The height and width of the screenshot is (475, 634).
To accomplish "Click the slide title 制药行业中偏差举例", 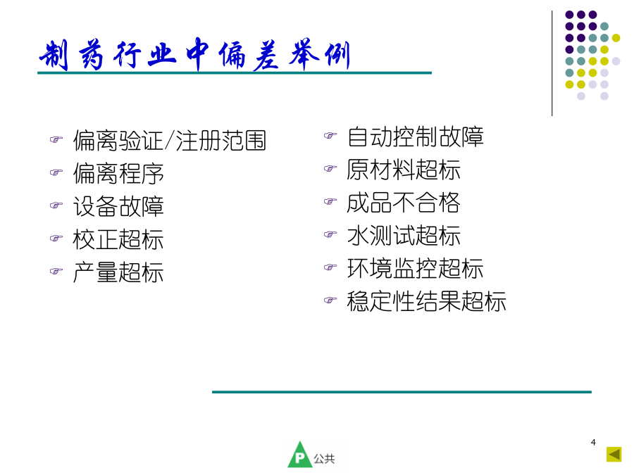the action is coord(194,54).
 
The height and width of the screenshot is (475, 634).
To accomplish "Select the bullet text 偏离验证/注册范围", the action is coord(169,141).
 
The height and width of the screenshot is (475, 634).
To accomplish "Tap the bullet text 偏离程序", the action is coord(118,174).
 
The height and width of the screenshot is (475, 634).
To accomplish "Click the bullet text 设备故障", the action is coord(118,206).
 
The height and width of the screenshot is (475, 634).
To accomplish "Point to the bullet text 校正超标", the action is coord(118,239).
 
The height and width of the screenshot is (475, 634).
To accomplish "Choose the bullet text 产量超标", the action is coord(118,272).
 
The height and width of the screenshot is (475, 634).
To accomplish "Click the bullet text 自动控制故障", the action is coord(415,137).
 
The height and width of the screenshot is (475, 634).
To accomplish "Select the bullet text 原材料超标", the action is coord(404,170).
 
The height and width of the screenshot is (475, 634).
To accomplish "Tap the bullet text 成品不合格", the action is coord(404,203).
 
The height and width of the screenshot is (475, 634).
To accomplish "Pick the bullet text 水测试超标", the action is coord(404,236).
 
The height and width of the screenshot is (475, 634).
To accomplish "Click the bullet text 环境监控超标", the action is coord(415,269).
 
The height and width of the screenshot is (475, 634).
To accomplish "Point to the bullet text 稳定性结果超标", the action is coord(427,301).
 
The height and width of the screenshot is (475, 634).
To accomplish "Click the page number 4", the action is coord(593,443).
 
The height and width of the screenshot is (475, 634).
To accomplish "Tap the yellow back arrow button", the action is coord(614,455).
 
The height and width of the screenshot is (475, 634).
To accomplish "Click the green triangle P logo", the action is coord(299,455).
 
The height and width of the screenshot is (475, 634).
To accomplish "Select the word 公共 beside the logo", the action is coord(324,458).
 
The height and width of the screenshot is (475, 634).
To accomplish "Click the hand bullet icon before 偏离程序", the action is coord(56,172).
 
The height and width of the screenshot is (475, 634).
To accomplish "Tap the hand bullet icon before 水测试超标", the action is coord(330,234).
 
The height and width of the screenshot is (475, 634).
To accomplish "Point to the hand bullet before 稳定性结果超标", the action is coord(330,300).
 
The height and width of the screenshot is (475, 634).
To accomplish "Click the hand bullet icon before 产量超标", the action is coord(56,271).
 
